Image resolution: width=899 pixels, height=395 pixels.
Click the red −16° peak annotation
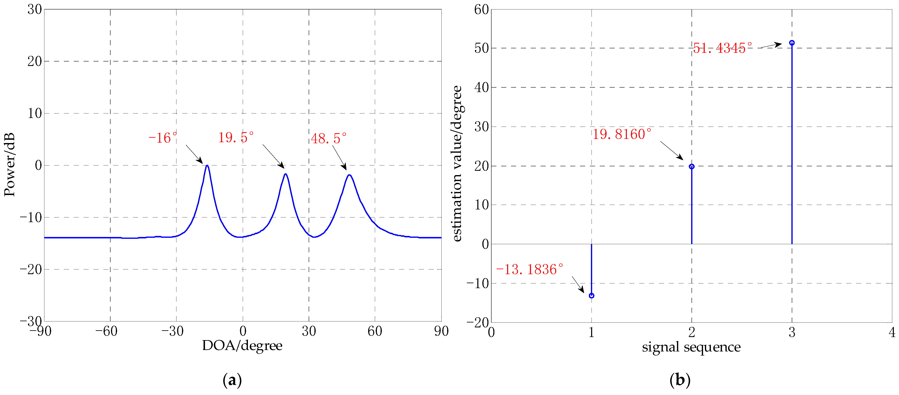click(x=163, y=138)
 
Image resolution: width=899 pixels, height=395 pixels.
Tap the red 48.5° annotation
click(x=328, y=138)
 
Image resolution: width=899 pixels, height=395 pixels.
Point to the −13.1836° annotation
click(x=529, y=269)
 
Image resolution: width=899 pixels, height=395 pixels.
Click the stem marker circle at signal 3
click(x=792, y=43)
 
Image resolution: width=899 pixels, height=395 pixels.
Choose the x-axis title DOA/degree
click(x=242, y=346)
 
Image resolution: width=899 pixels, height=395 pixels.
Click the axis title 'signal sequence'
click(x=691, y=347)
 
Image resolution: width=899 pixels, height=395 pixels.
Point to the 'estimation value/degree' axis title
click(x=457, y=163)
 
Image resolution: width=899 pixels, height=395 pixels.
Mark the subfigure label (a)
click(x=232, y=380)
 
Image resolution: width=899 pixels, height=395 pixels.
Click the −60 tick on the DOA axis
click(x=106, y=331)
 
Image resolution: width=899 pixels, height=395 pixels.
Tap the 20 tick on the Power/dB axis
click(x=35, y=61)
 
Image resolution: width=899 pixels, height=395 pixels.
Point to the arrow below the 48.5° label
click(x=339, y=157)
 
